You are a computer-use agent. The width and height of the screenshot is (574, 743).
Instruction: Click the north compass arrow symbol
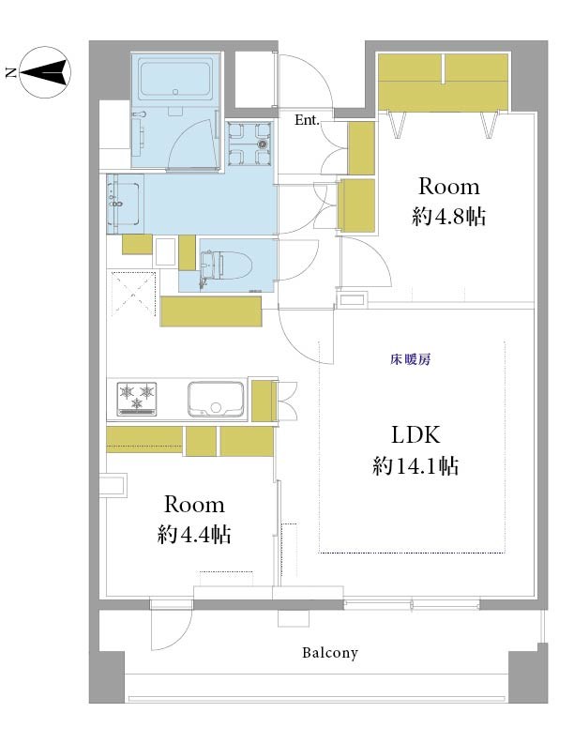45,72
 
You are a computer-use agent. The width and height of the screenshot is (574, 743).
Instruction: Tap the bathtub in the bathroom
175,79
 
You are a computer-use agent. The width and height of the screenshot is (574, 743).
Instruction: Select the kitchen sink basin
216,399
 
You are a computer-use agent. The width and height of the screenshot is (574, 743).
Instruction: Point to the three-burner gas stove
137,399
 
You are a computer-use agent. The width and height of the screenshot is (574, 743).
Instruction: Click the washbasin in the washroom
125,204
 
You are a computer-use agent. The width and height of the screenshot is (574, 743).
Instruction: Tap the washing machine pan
249,144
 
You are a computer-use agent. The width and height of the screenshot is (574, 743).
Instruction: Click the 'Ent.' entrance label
307,120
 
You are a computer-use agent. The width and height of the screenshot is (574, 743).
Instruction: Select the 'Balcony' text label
330,653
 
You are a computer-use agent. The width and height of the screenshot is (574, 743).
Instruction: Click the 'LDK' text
415,435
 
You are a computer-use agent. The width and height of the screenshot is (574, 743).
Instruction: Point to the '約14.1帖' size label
415,466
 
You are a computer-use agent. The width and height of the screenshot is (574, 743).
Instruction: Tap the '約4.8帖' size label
448,217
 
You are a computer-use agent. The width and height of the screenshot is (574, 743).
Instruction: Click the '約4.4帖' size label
194,535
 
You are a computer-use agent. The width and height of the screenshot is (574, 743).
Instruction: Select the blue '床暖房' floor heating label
410,359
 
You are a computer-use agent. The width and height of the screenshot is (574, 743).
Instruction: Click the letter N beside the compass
11,73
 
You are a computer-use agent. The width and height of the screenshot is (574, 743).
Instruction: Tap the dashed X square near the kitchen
133,293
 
